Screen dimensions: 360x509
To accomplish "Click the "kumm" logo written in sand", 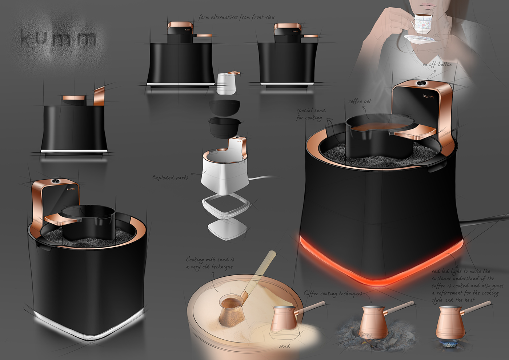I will [58, 38].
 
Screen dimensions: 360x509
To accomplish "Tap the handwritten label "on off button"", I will [437, 64].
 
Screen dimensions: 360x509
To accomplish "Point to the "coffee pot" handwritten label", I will [360, 101].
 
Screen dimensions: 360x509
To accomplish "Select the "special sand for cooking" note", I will [310, 114].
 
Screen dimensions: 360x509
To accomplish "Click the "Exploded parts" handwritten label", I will [170, 177].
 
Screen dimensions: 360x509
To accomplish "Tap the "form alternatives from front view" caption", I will [236, 17].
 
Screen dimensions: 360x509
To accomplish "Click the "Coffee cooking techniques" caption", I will [333, 293].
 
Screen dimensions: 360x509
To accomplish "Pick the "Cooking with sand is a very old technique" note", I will [210, 263].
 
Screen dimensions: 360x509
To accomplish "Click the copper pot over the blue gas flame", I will [451, 322].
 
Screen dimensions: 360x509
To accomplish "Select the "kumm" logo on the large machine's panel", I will [428, 96].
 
